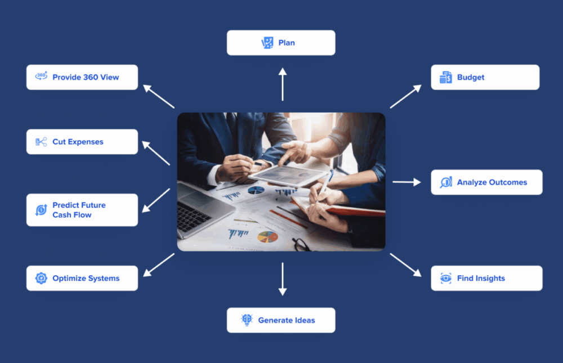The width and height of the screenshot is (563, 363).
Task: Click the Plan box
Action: click(x=281, y=43)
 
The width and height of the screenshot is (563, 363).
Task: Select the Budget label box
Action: click(x=485, y=77)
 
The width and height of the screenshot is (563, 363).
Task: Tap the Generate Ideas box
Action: click(x=281, y=320)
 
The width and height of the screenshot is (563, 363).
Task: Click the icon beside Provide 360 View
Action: click(x=41, y=77)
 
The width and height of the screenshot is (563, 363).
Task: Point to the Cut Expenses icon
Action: click(x=41, y=142)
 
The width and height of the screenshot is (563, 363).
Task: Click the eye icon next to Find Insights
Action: click(x=446, y=278)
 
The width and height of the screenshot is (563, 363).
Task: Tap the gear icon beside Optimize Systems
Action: click(x=41, y=278)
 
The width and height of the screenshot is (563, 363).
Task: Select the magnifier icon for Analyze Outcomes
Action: click(x=446, y=182)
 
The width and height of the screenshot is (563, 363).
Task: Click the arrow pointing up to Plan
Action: click(x=283, y=84)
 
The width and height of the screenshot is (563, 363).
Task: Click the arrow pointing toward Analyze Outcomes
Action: click(x=406, y=182)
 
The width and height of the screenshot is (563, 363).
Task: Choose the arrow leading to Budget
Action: click(x=405, y=96)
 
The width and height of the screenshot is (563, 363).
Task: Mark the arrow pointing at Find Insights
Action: click(x=405, y=265)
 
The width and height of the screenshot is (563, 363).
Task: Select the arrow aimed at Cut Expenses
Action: click(x=156, y=153)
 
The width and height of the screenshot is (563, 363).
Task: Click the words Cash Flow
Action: click(x=72, y=215)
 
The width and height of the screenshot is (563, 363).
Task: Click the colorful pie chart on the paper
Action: click(x=267, y=236)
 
